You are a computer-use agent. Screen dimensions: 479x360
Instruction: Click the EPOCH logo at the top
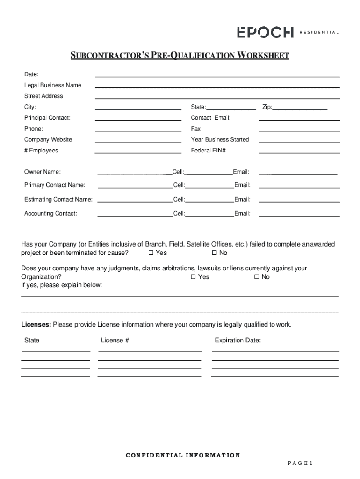click(x=265, y=32)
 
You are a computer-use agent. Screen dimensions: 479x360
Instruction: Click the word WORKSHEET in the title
click(x=263, y=56)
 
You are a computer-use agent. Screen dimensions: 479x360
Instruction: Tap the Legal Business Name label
click(x=53, y=85)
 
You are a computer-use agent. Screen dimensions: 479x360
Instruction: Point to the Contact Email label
click(x=211, y=118)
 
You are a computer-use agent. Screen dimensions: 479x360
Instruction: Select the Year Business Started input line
click(x=299, y=140)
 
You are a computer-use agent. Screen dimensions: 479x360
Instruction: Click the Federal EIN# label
click(x=209, y=151)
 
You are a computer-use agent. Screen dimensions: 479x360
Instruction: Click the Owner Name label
click(x=43, y=172)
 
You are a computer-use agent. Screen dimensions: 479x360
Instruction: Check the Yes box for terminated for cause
click(x=151, y=253)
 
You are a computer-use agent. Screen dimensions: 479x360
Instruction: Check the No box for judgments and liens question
click(x=257, y=277)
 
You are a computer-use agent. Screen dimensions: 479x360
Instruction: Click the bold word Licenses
click(x=36, y=325)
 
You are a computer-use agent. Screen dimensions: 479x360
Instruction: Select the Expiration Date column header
click(x=238, y=341)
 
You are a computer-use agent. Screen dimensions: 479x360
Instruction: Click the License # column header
click(x=115, y=341)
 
